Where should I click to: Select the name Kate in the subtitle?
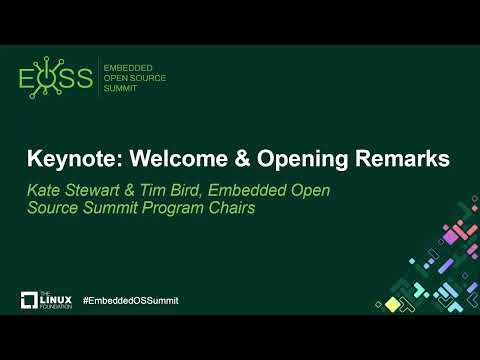click(46, 190)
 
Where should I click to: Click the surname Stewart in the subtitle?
click(98, 190)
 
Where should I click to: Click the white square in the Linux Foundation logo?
click(29, 299)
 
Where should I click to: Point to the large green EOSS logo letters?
click(56, 79)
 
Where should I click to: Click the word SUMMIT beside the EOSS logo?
click(121, 90)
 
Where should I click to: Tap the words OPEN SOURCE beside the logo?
click(136, 78)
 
